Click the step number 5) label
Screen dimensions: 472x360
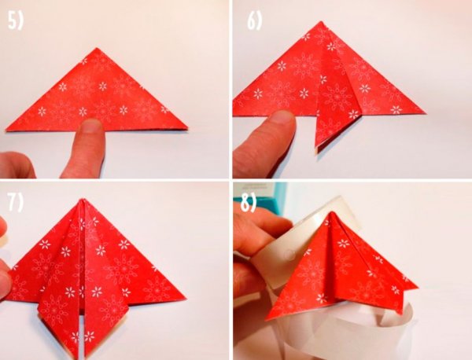click(16, 21)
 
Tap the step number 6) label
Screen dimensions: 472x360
click(254, 21)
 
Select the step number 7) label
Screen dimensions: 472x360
click(16, 203)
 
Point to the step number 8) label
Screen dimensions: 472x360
click(249, 204)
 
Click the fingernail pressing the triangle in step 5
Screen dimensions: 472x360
click(91, 126)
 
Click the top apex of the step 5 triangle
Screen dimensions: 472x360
click(97, 48)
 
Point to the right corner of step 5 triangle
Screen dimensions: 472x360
click(187, 129)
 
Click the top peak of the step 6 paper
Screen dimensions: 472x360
click(322, 22)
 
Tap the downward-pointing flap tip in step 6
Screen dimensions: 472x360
click(317, 150)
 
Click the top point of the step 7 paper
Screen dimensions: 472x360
click(83, 199)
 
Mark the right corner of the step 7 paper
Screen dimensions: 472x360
click(185, 298)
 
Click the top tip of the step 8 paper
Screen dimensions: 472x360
click(331, 212)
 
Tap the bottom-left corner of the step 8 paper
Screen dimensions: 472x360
click(267, 319)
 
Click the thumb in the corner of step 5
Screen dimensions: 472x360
click(17, 165)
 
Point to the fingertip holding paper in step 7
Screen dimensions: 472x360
click(4, 281)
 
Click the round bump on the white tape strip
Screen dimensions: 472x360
click(289, 254)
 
